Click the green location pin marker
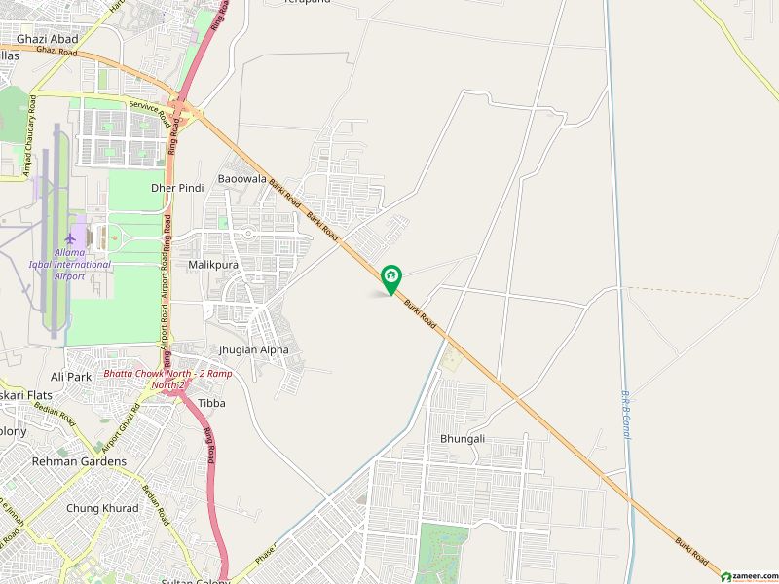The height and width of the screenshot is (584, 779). coord(390,279)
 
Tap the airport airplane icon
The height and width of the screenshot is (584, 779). coord(69,238)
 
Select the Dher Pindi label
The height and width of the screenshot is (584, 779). coord(176,188)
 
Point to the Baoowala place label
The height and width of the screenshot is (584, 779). coord(241,179)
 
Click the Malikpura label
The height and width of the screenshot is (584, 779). coord(214,264)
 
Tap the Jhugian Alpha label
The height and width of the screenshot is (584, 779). coord(254,349)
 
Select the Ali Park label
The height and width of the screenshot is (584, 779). coord(70,376)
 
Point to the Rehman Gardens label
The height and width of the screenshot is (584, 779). coord(79,461)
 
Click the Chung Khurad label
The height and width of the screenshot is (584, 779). coord(102,508)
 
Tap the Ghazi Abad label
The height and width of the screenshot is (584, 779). coord(48,39)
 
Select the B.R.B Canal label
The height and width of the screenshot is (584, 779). coord(624,413)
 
